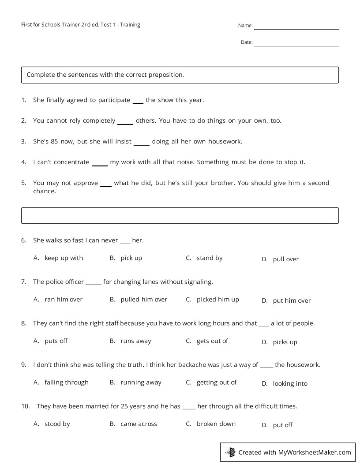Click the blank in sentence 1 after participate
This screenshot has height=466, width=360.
pos(138,102)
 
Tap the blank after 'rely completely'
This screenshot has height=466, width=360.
pos(125,123)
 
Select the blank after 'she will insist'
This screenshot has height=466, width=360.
pos(142,143)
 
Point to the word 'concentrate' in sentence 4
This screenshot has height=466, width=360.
pos(71,162)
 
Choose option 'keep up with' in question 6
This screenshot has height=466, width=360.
pos(64,258)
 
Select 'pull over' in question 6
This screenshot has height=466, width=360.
pos(285,259)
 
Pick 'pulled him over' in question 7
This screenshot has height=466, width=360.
pos(144,300)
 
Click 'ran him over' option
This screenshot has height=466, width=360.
pos(64,300)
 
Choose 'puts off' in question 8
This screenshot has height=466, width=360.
pos(56,341)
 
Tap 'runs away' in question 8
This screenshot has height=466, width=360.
pos(135,341)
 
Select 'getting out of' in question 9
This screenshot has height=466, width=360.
pos(216,383)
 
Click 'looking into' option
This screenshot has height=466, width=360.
pos(290,384)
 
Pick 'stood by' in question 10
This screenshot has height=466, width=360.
pos(57,424)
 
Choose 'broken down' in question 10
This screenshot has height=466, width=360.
pos(216,424)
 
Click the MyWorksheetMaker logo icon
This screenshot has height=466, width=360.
pos(230,452)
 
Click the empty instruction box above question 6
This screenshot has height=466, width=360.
pos(180,216)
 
